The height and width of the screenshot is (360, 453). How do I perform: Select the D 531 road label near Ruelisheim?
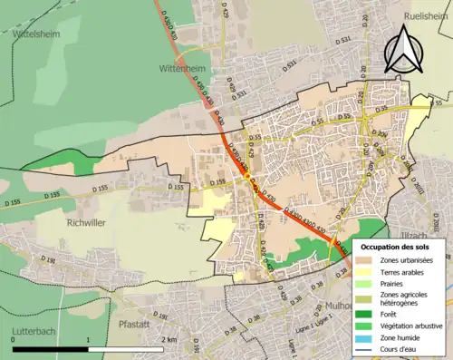coord(343,41)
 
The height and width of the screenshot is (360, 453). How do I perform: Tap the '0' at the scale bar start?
coord(13,339)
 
